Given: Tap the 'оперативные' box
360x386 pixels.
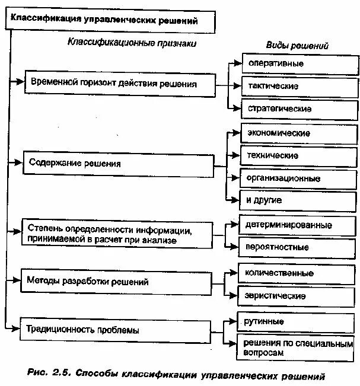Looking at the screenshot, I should click(x=300, y=63).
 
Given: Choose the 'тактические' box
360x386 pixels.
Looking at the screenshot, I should click(x=300, y=86).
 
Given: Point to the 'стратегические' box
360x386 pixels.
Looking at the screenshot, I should click(x=300, y=109).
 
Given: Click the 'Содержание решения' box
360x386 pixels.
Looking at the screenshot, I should click(x=119, y=164).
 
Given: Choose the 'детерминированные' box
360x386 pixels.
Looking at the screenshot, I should click(x=298, y=225).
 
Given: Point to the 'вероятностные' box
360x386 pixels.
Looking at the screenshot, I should click(x=298, y=247).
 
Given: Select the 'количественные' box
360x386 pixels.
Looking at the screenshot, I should click(x=298, y=273).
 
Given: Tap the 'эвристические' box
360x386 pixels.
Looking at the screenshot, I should click(x=298, y=295).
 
